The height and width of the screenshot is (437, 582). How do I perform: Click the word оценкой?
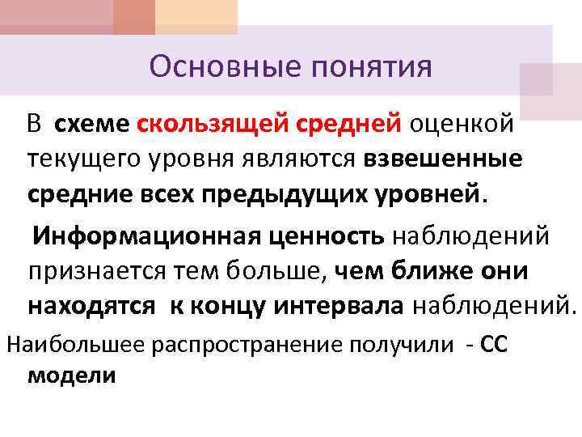[462, 124]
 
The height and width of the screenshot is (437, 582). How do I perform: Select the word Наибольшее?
[74, 345]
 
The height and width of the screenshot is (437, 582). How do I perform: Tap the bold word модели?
[71, 375]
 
